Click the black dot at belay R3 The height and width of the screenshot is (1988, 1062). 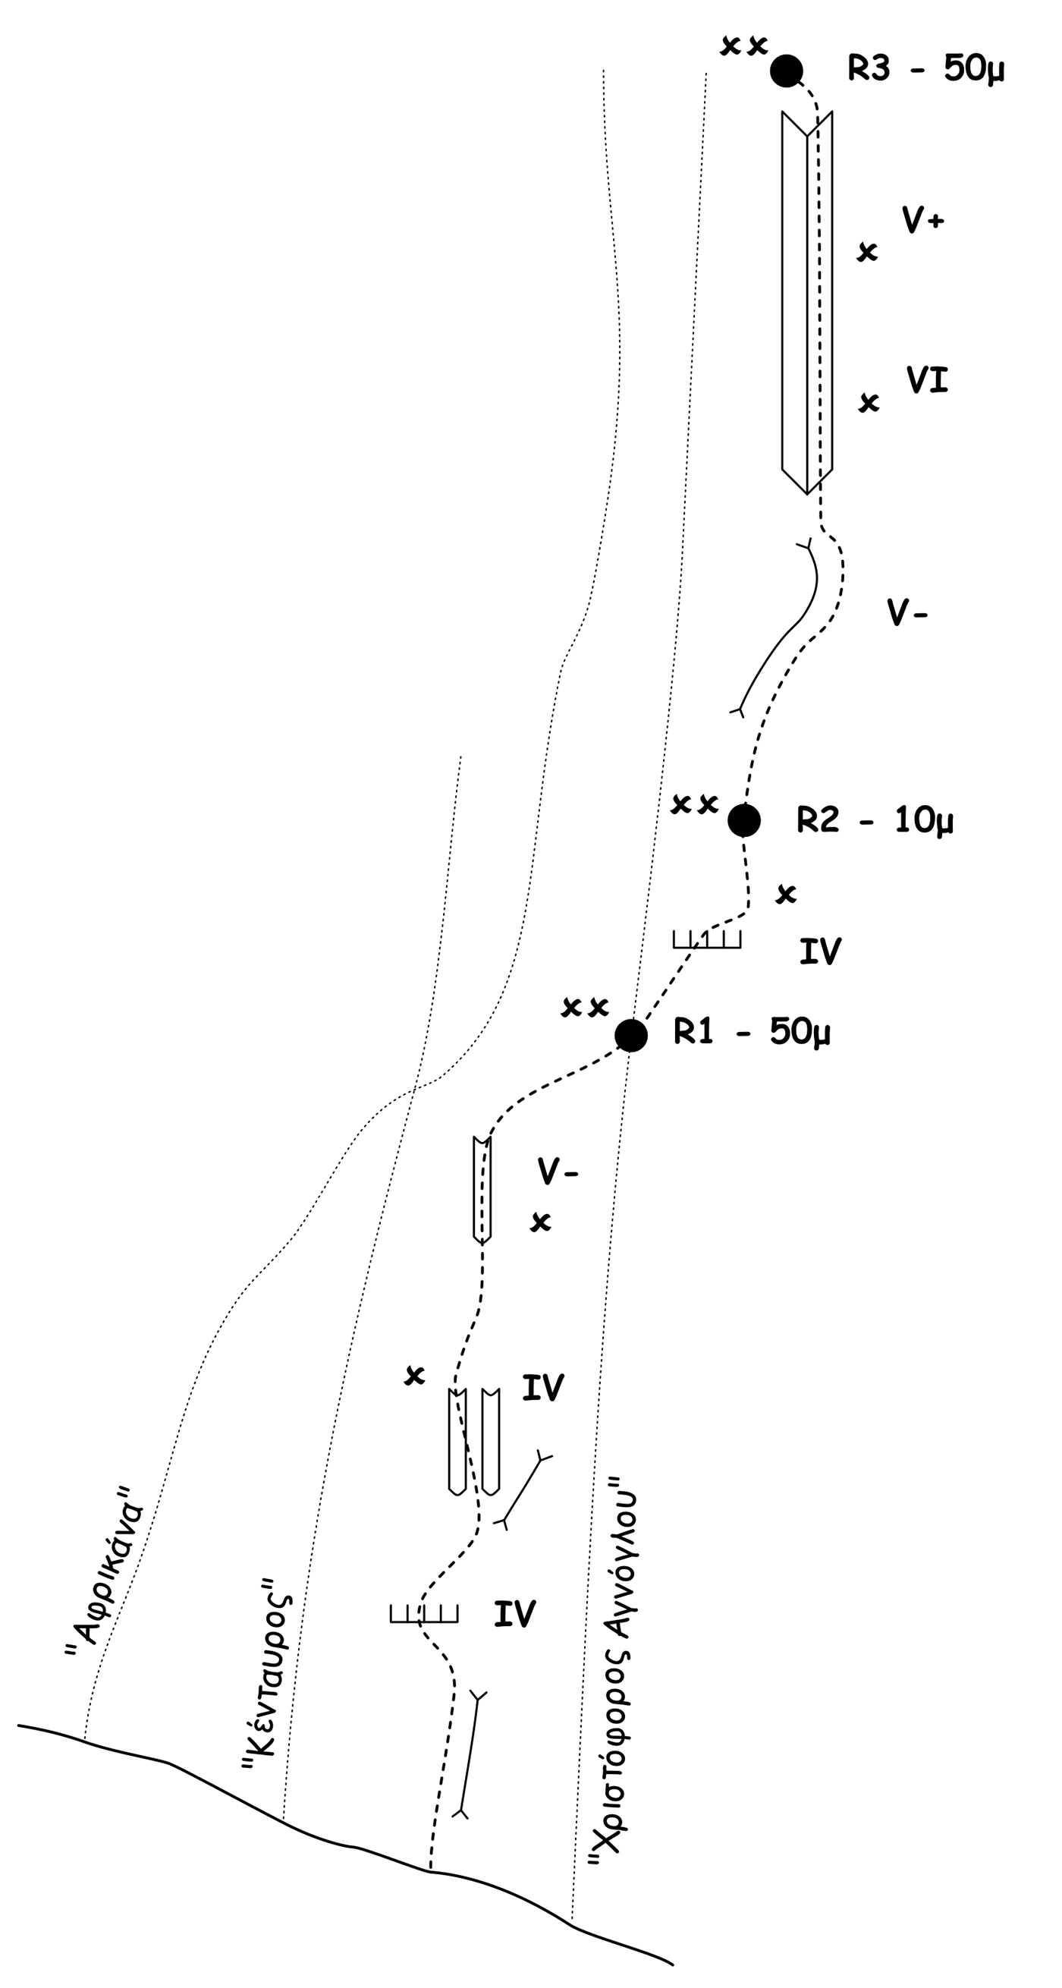click(787, 71)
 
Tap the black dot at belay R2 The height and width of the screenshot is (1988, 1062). click(744, 819)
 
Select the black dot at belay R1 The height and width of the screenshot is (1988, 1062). click(630, 1035)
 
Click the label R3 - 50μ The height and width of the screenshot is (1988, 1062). click(925, 70)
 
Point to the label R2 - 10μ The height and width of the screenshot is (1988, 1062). click(875, 819)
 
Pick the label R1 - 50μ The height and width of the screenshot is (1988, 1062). click(751, 1032)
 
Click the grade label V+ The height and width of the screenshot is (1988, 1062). click(923, 221)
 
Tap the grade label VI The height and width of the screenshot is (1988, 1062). click(927, 379)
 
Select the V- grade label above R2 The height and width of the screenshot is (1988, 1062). click(906, 614)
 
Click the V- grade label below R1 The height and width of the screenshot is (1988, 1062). click(558, 1172)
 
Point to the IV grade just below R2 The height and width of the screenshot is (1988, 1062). click(820, 952)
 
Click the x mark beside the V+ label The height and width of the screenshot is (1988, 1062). click(867, 252)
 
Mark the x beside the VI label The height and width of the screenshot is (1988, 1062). click(869, 402)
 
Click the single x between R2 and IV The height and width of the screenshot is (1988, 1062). click(786, 894)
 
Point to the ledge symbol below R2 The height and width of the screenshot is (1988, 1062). click(706, 939)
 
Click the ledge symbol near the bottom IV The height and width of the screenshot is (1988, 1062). click(424, 1613)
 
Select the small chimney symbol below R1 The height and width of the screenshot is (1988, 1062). click(482, 1189)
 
